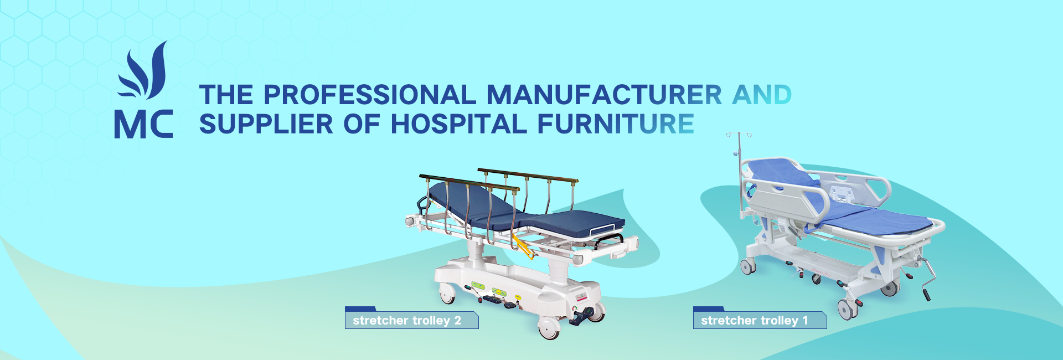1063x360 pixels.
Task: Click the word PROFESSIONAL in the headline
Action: pos(369,95)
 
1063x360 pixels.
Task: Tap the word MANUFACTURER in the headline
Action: pos(604,95)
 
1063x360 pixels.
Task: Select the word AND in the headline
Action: pos(762,95)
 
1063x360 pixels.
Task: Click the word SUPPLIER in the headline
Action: pos(266,124)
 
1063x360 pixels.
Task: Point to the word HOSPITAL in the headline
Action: pos(459,124)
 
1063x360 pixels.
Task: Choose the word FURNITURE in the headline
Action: pos(616,124)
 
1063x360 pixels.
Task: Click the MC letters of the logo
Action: pos(143,124)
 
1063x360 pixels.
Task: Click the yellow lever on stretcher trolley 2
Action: pos(523,246)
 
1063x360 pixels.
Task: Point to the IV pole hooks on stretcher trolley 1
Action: pos(739,135)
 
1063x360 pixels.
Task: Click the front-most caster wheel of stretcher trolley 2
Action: pos(549,329)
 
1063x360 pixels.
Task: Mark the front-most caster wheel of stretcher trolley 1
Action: pos(847,309)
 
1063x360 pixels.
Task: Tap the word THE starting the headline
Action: pos(226,95)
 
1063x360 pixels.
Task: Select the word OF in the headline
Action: pos(362,124)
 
